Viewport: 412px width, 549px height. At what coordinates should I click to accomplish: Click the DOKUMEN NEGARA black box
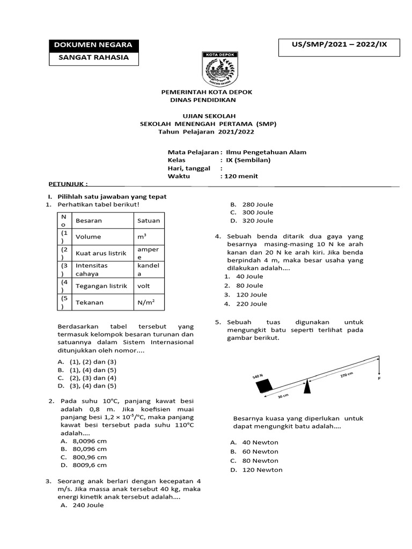click(94, 44)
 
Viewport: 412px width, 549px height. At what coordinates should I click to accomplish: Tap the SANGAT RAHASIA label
click(94, 58)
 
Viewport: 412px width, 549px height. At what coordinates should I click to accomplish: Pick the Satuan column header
click(149, 220)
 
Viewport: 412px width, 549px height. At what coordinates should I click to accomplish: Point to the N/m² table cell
click(149, 302)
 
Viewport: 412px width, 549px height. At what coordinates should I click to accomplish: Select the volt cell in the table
click(149, 286)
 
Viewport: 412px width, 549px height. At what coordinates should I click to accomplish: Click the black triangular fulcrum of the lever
click(307, 387)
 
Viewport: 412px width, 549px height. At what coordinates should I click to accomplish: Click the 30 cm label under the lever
click(283, 396)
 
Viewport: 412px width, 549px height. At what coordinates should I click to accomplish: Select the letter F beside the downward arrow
click(379, 378)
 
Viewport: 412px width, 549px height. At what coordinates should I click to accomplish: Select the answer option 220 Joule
click(252, 304)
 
